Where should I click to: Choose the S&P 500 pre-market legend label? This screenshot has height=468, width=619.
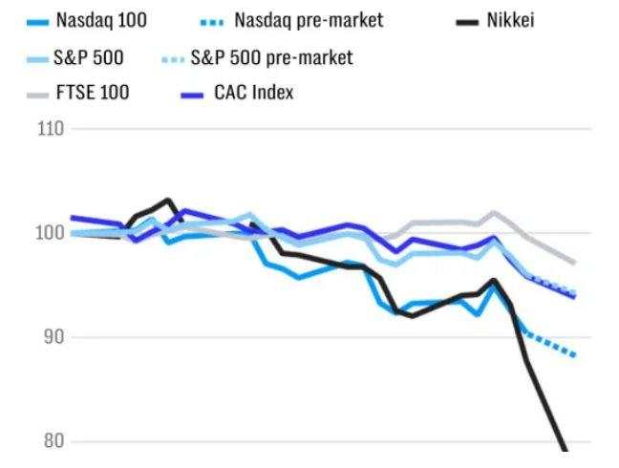pyautogui.click(x=271, y=57)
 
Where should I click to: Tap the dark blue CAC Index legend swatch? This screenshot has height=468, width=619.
pyautogui.click(x=194, y=94)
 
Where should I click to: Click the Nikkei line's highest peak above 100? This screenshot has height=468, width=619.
pyautogui.click(x=169, y=201)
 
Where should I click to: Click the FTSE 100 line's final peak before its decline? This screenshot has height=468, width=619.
pyautogui.click(x=494, y=213)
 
